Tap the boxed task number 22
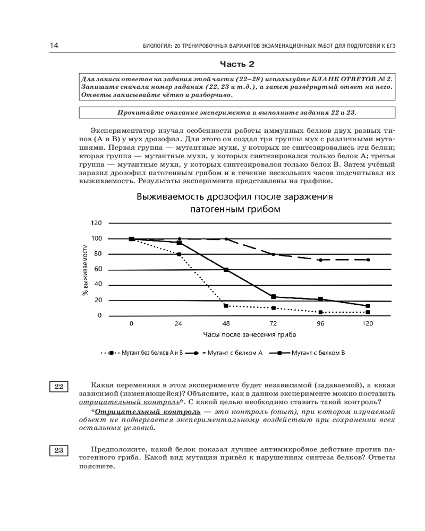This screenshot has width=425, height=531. click(x=58, y=387)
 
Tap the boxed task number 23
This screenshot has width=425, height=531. click(x=58, y=451)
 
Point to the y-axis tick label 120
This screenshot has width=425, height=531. click(x=96, y=223)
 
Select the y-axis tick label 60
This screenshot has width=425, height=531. click(x=98, y=269)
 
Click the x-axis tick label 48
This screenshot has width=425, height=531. click(x=226, y=323)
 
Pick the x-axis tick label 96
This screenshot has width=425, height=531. click(x=320, y=323)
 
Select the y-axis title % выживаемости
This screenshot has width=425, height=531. click(x=85, y=270)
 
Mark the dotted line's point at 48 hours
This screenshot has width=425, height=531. click(x=226, y=306)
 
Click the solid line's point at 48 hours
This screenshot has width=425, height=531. click(x=226, y=270)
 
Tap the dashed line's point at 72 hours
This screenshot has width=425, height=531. click(x=274, y=254)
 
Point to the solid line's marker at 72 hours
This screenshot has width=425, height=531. click(x=274, y=296)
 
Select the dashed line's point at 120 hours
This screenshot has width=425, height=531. click(x=368, y=260)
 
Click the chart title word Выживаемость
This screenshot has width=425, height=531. click(x=174, y=197)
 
